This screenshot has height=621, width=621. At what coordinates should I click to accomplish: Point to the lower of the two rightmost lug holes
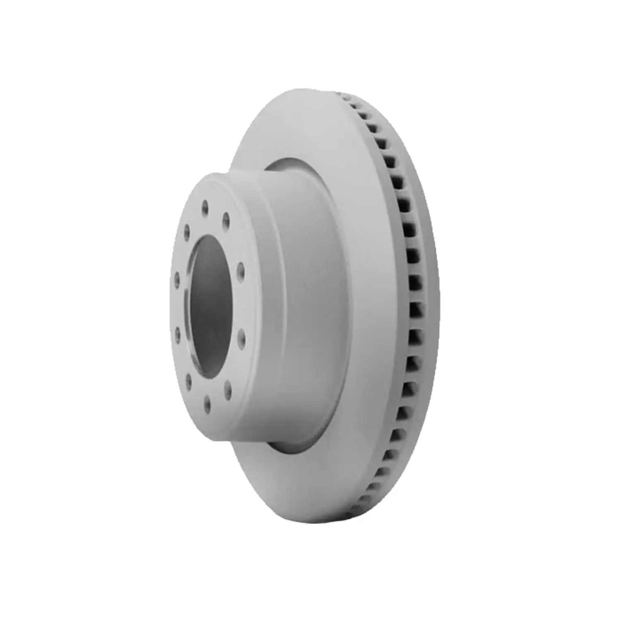tap(241, 334)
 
